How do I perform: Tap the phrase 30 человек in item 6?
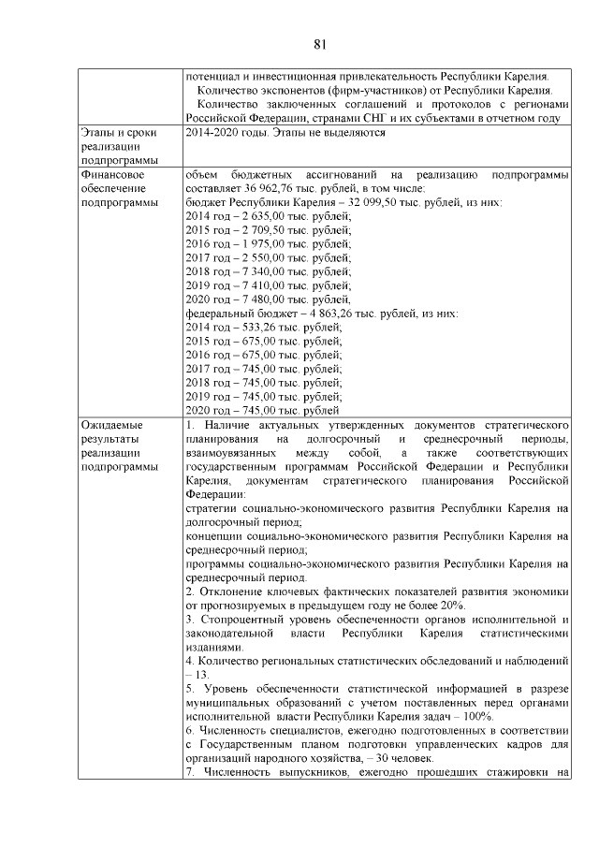coord(402,757)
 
